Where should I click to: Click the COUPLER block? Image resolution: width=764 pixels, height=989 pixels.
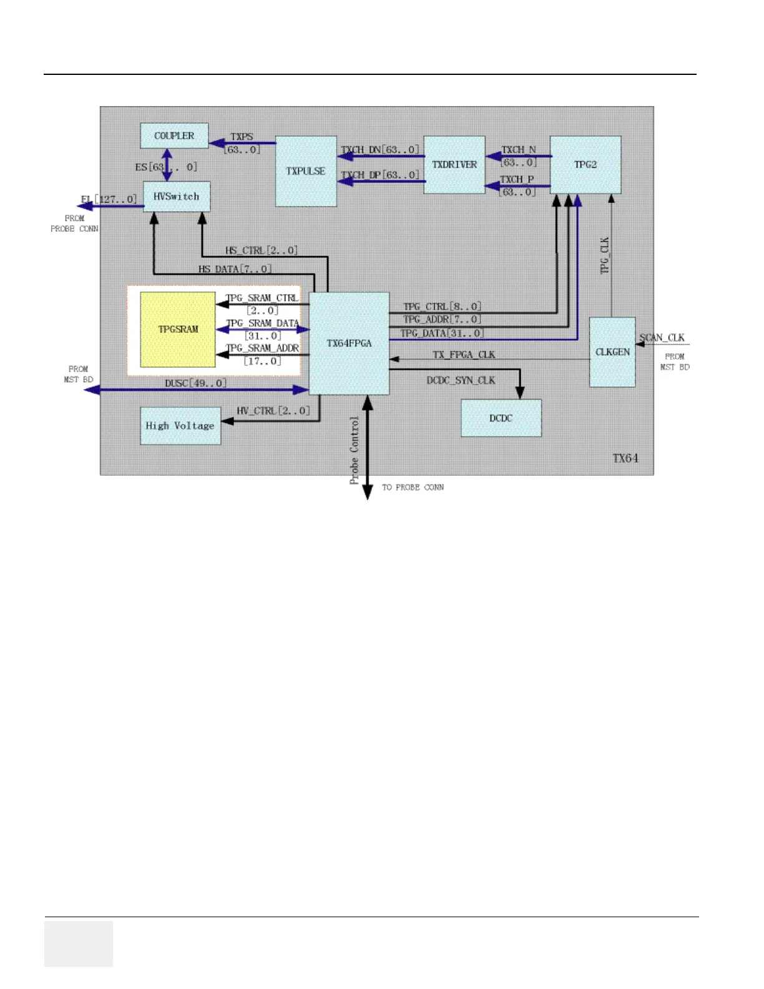click(174, 135)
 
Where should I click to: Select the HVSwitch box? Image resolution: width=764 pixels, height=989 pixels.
click(177, 197)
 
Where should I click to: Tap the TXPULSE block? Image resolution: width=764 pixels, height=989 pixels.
click(306, 171)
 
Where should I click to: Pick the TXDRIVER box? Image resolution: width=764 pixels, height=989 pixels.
click(454, 165)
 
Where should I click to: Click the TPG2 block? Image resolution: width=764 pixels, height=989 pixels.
click(585, 165)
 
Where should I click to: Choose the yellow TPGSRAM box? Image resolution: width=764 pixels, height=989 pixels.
click(178, 329)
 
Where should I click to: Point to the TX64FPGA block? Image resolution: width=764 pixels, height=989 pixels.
click(349, 343)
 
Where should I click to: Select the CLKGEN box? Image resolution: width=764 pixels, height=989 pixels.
click(612, 352)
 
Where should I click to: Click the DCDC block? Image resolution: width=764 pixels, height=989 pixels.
click(501, 418)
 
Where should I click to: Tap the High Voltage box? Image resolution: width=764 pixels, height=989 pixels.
click(180, 425)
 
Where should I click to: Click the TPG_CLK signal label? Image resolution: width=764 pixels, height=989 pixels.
click(604, 255)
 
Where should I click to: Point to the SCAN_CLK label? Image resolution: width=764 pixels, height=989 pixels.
click(662, 337)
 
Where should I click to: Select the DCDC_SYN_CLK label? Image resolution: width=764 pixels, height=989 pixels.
click(461, 380)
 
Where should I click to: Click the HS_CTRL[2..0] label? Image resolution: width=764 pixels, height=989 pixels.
click(262, 250)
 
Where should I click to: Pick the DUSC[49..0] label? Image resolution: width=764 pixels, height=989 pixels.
click(195, 383)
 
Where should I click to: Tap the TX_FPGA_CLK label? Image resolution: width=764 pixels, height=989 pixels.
click(464, 355)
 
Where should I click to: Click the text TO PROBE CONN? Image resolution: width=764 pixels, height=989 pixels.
click(413, 487)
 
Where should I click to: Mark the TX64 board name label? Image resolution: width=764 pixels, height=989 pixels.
click(625, 458)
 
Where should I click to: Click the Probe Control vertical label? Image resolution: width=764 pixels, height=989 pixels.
click(355, 450)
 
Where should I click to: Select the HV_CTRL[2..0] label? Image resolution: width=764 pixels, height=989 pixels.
click(273, 410)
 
